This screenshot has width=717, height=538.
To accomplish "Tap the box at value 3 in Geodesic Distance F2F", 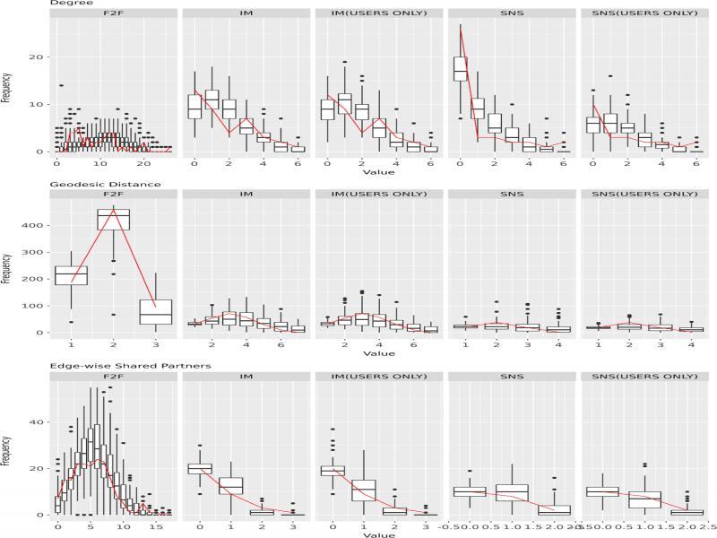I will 157,311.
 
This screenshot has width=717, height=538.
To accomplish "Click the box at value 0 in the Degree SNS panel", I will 461,69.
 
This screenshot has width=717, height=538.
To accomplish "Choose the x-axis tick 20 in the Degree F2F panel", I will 143,165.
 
